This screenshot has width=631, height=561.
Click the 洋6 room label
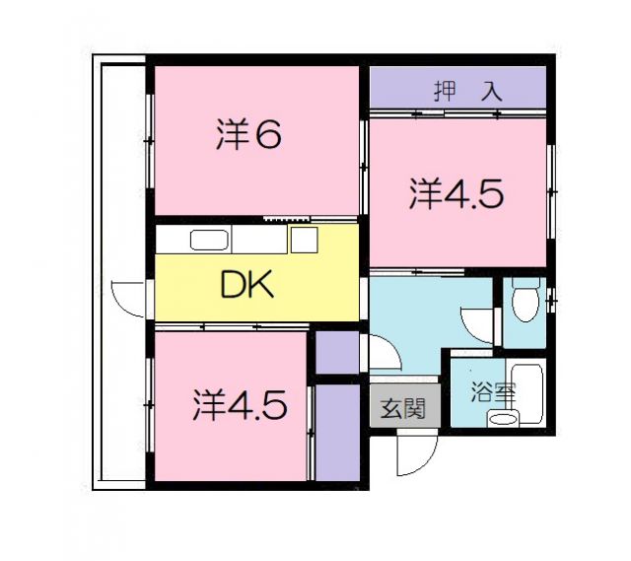coord(249,136)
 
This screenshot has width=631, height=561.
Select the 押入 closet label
coord(468,92)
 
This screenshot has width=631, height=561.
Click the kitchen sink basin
coord(209,241)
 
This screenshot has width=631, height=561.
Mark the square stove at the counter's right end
coord(303,240)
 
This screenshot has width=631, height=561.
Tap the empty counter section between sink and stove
coord(259,240)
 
